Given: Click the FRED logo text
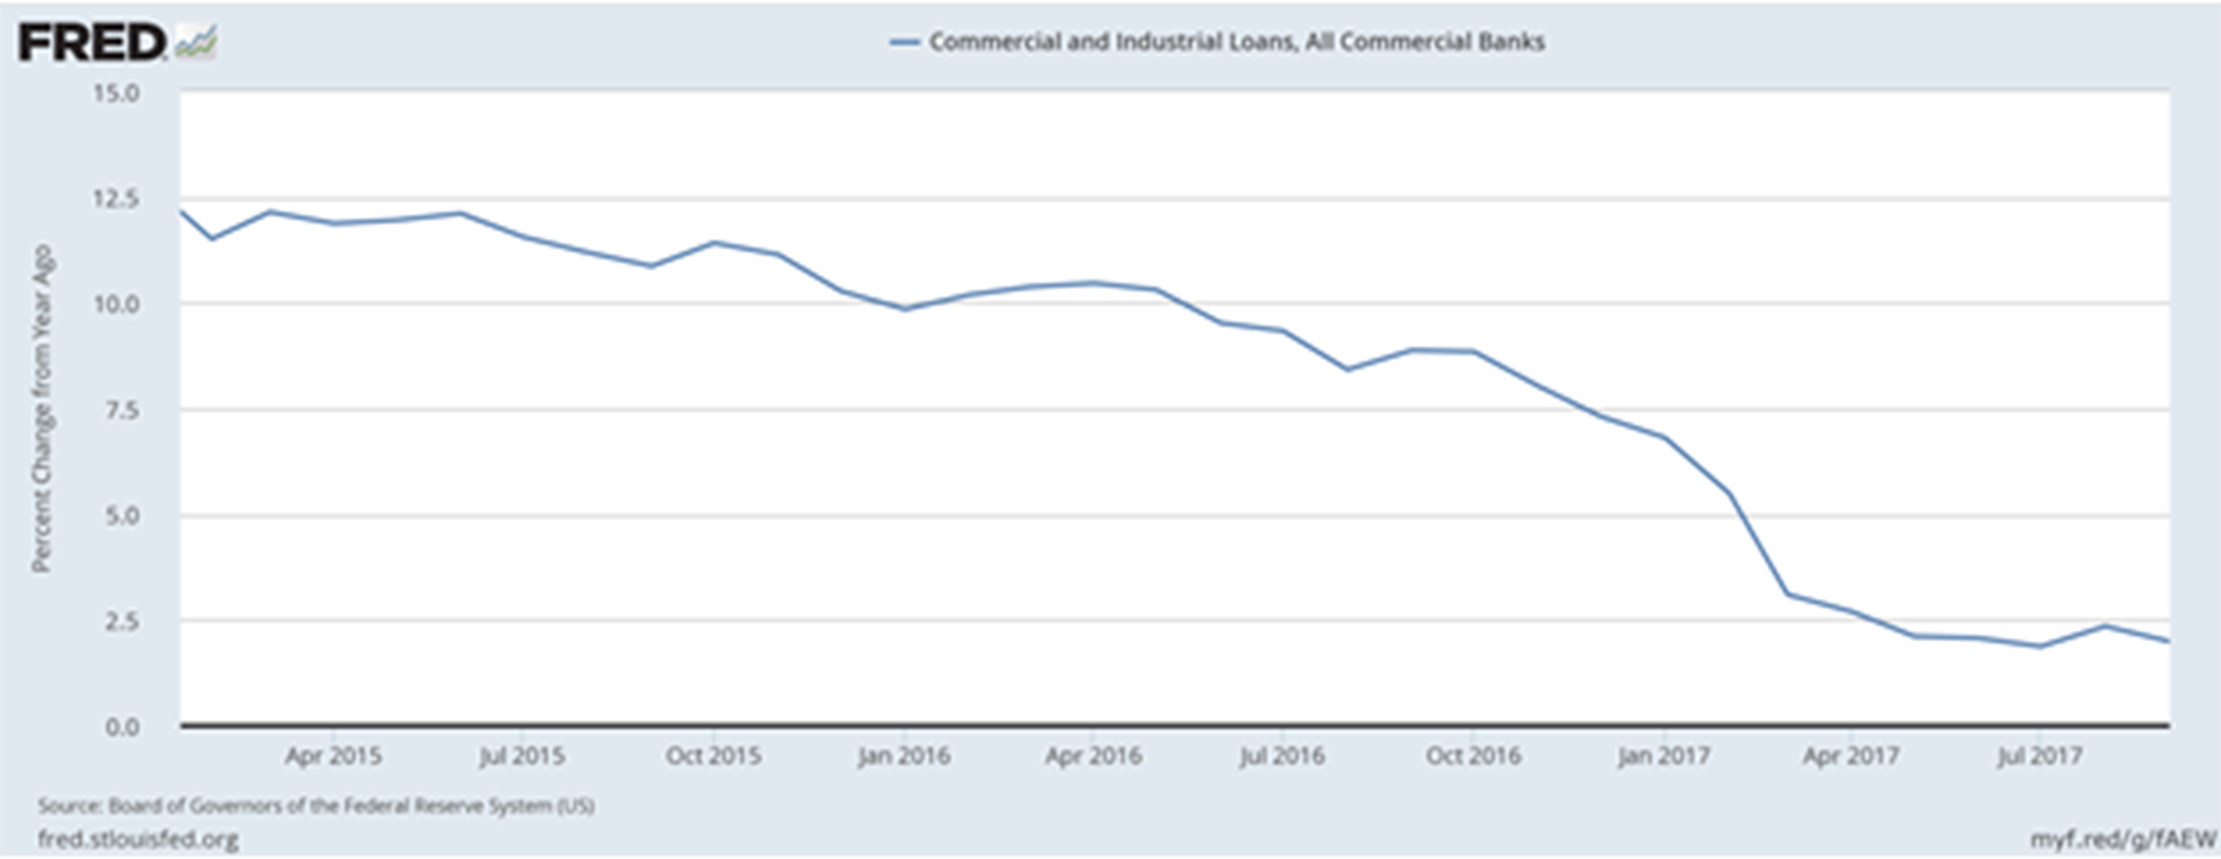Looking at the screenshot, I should pyautogui.click(x=91, y=43).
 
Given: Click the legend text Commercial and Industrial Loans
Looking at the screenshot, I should pyautogui.click(x=1237, y=42).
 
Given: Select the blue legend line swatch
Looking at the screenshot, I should pyautogui.click(x=904, y=43).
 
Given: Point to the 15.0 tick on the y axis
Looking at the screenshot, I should pyautogui.click(x=115, y=93).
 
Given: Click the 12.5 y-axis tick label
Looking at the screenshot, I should pyautogui.click(x=115, y=199).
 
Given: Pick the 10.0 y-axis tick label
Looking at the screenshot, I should pyautogui.click(x=115, y=304).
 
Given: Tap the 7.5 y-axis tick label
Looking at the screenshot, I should pyautogui.click(x=121, y=410).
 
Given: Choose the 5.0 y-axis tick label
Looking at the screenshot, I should pyautogui.click(x=121, y=516).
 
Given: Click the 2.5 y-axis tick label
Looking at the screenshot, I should pyautogui.click(x=121, y=621).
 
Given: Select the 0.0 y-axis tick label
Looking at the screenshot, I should pyautogui.click(x=121, y=727).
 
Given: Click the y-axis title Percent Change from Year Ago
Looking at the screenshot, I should pyautogui.click(x=42, y=408).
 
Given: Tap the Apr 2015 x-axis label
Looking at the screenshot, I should pyautogui.click(x=333, y=756).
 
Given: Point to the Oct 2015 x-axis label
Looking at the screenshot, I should pyautogui.click(x=713, y=756).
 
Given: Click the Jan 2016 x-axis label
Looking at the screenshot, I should pyautogui.click(x=903, y=756).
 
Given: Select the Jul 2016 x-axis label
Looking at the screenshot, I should pyautogui.click(x=1281, y=756).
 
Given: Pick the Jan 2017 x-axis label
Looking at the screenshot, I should pyautogui.click(x=1663, y=756).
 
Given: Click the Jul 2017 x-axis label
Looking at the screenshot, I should pyautogui.click(x=2039, y=756).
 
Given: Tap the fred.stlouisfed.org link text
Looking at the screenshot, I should pyautogui.click(x=138, y=839).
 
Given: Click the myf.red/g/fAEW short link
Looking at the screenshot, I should pyautogui.click(x=2122, y=839).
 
